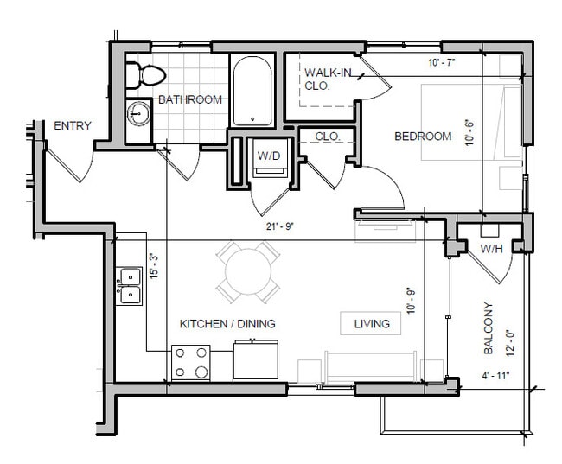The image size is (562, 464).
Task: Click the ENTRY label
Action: click(72, 126)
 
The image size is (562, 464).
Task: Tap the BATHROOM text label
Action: click(189, 99)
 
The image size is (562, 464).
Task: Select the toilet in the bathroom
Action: click(141, 75)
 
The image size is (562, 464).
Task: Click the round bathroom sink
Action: click(137, 112)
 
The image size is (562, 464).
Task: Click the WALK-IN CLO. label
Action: click(328, 79)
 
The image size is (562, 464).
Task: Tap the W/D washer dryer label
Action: click(266, 156)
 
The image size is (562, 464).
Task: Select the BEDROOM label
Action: click(423, 137)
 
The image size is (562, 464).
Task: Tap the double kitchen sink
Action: click(130, 285)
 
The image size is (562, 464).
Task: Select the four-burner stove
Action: click(190, 362)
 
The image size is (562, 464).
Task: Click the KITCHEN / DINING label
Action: click(227, 324)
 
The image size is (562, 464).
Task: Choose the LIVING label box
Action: click(372, 324)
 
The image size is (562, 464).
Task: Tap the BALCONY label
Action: click(489, 329)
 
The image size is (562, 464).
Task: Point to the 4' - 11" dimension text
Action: click(495, 375)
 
